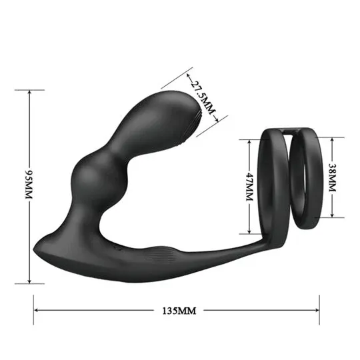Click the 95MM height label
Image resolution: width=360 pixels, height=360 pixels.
(x=29, y=185)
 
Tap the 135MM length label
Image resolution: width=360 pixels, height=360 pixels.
(x=179, y=311)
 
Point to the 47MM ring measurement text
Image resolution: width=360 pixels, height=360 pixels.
(x=249, y=187)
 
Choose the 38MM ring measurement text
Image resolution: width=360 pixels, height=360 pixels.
(x=332, y=177)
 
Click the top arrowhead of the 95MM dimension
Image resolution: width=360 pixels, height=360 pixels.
(x=29, y=92)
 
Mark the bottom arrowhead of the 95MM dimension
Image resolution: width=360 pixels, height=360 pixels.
(x=29, y=281)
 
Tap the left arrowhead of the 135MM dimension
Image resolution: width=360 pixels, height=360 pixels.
(x=36, y=310)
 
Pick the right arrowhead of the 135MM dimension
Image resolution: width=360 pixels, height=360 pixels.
(x=317, y=310)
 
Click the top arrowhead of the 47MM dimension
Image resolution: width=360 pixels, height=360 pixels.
(x=249, y=142)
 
